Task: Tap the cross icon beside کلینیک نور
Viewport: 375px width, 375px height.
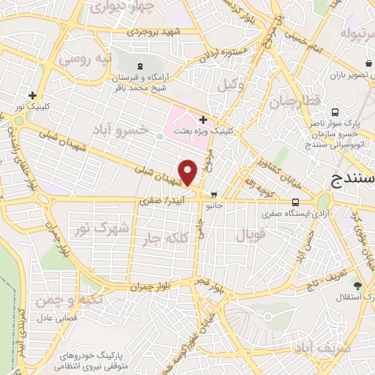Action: (32, 95)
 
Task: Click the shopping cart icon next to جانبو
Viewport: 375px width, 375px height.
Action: (214, 195)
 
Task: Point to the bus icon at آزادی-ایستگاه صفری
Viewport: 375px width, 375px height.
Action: (295, 202)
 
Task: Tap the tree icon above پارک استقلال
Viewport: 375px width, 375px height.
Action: (357, 285)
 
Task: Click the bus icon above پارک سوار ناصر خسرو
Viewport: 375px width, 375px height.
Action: (335, 113)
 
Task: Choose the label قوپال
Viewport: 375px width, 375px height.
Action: (249, 235)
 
